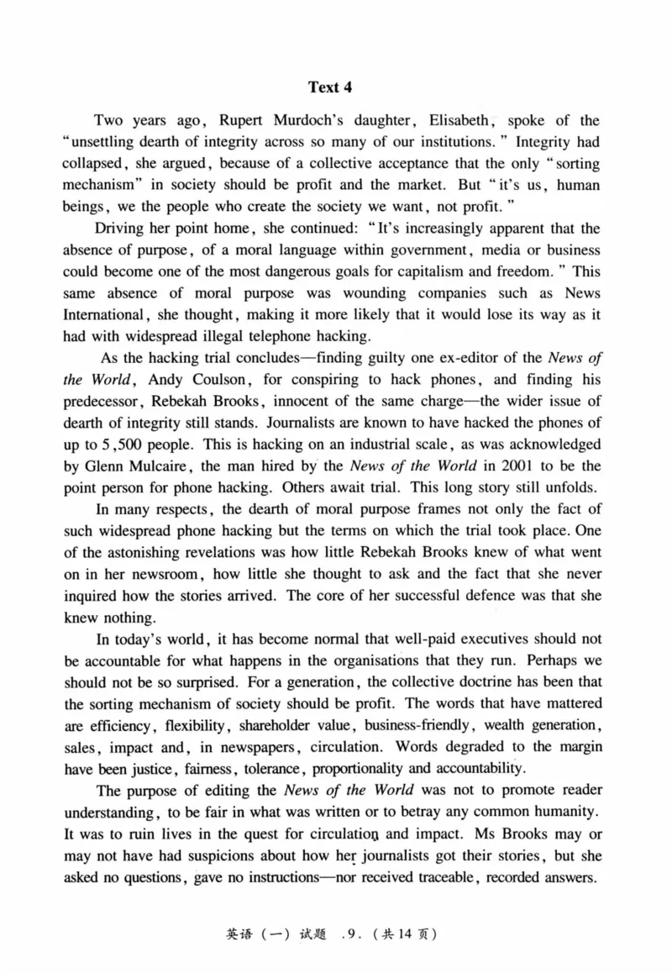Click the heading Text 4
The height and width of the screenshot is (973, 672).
pos(335,87)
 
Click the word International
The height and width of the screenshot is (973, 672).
pos(104,314)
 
